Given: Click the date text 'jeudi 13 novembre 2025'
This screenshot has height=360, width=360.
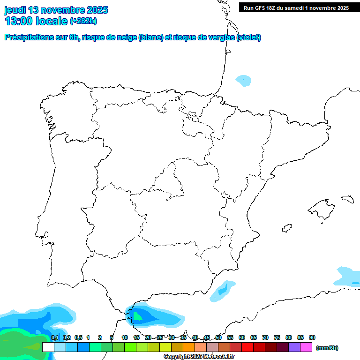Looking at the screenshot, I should click(56, 10).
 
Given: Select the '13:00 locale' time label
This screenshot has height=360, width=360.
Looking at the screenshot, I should click(36, 21).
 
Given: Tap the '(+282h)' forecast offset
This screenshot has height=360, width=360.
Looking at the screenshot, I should click(83, 21).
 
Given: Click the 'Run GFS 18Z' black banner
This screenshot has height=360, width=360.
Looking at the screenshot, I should click(296, 8).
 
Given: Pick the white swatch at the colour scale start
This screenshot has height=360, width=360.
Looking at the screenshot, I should click(48, 347).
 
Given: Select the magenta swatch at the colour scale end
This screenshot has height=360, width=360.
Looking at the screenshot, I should click(306, 347).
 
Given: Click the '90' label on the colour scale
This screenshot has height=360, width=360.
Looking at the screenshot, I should click(312, 337).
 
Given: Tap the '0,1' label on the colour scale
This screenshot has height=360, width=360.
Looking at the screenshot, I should click(54, 337).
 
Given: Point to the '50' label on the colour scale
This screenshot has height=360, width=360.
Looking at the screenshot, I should click(218, 337).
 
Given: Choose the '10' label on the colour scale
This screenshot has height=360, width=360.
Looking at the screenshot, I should click(125, 337).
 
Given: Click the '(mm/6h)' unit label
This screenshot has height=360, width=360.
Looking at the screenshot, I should click(327, 348).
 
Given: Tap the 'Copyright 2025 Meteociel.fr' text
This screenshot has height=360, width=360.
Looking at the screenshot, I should click(199, 356).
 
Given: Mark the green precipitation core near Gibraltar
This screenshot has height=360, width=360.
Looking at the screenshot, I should click(137, 316).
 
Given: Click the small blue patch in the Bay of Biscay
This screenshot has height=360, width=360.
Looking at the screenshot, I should click(244, 80).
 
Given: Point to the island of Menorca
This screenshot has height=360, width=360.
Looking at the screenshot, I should click(347, 199).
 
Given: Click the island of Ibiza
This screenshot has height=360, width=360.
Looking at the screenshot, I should click(286, 228).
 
